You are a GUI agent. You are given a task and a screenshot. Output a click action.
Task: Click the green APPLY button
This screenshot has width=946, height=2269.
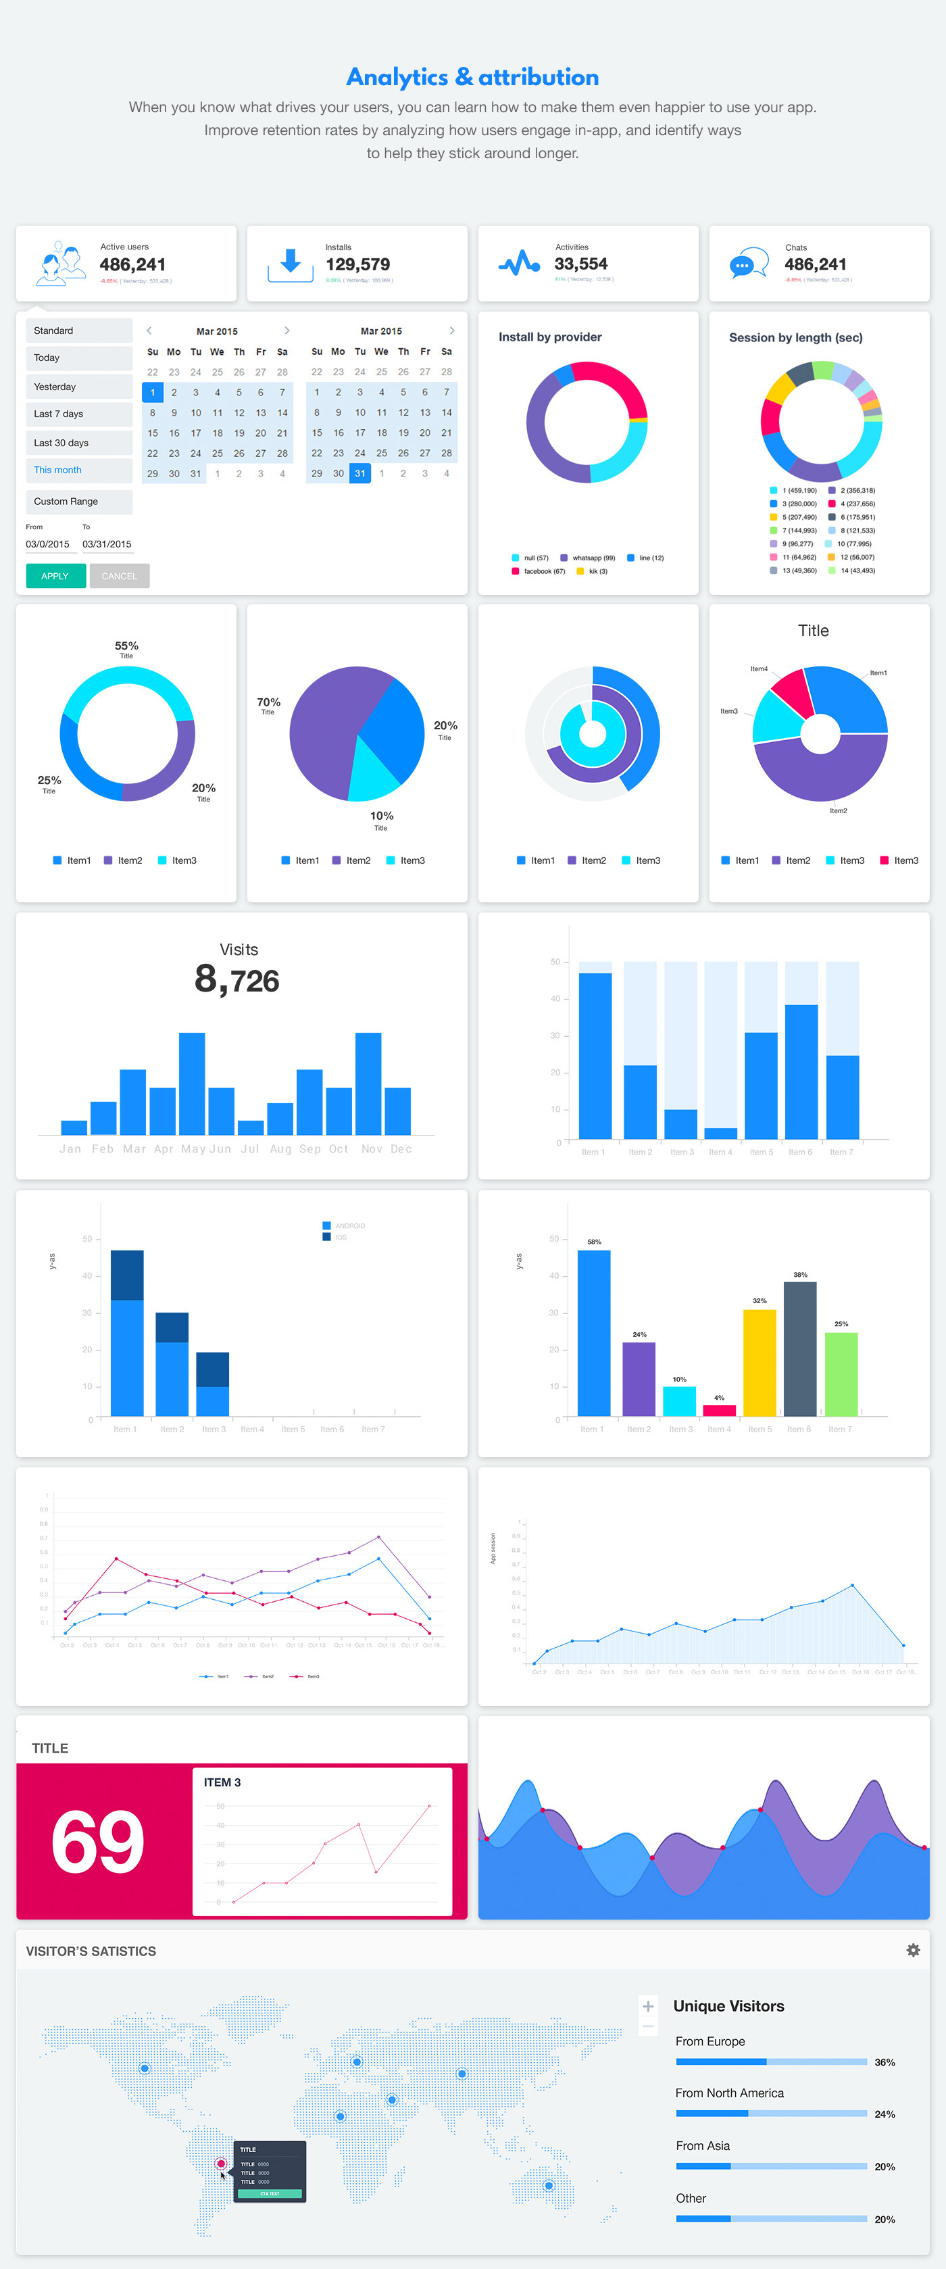55,576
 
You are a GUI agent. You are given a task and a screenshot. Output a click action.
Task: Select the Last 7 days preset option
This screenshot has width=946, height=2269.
78,414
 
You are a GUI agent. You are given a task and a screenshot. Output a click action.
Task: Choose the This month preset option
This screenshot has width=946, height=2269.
78,470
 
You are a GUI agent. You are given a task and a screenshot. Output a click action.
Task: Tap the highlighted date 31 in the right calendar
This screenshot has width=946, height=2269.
359,474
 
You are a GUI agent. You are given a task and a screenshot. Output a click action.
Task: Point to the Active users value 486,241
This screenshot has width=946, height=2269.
132,264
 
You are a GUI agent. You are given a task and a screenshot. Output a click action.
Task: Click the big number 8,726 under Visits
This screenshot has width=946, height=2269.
237,979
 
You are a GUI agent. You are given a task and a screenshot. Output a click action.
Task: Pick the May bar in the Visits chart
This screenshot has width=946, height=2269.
192,1083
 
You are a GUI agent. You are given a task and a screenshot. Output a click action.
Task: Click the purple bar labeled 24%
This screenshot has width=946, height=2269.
639,1378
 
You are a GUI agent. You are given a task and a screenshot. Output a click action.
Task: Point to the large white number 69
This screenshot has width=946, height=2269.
98,1842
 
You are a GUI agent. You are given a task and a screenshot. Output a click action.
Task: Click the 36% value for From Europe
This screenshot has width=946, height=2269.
885,2062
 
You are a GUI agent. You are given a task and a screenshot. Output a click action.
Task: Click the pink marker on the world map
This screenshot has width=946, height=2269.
221,2164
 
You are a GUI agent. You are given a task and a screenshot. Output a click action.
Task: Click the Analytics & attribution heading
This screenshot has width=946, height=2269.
472,78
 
